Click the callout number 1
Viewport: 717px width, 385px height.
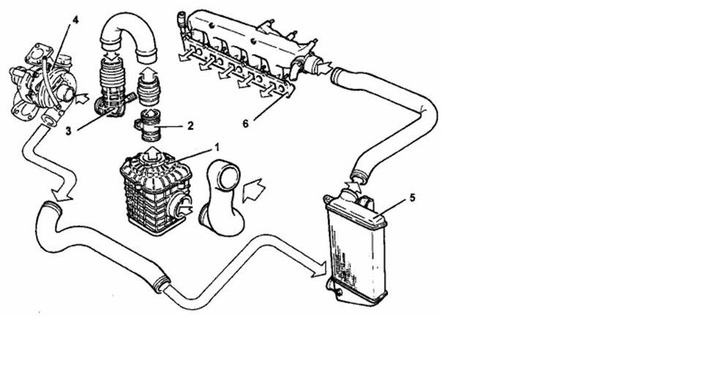(217, 148)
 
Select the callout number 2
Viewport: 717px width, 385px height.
(190, 125)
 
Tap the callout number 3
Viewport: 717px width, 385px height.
(68, 131)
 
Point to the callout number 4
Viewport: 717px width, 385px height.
(75, 20)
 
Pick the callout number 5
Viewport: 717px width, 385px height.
(412, 197)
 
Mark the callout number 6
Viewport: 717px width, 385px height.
(246, 124)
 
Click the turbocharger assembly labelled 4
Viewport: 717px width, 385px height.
(42, 85)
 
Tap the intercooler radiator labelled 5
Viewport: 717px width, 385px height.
(356, 247)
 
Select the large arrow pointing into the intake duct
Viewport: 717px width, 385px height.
(254, 190)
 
